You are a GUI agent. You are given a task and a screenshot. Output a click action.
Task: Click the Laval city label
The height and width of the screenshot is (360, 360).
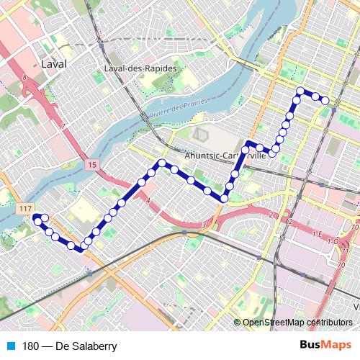tap(54, 64)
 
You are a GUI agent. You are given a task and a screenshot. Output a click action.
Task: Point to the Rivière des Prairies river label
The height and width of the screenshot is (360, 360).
tap(176, 109)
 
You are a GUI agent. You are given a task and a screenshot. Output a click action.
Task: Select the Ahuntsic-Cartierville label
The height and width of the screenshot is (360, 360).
tap(225, 156)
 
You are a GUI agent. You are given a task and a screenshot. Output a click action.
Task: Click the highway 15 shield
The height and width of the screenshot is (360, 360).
tap(93, 166)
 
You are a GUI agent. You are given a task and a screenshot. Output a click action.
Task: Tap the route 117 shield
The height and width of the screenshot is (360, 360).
tap(26, 208)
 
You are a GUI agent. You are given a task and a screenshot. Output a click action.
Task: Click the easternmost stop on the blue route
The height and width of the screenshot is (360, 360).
tap(325, 100)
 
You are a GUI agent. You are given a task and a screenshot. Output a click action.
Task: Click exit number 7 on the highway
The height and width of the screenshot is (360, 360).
tap(63, 127)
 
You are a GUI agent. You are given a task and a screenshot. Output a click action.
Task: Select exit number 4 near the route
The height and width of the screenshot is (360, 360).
tap(148, 202)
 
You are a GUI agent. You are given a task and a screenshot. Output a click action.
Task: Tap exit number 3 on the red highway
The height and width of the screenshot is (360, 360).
tap(204, 226)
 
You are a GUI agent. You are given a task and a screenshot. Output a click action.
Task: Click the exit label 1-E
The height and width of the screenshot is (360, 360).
tap(316, 233)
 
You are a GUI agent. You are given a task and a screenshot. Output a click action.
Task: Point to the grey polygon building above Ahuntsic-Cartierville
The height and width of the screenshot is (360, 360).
tap(199, 135)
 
